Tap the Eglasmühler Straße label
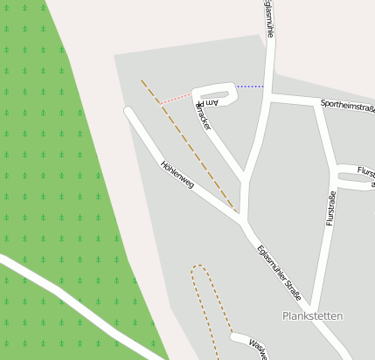[x=279, y=273]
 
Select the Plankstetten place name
[x=312, y=315]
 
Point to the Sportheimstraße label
[x=347, y=107]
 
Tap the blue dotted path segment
[x=250, y=87]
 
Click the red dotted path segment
[x=176, y=97]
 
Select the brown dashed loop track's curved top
[x=200, y=267]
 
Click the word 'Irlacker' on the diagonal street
[x=204, y=118]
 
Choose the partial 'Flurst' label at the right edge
[x=365, y=173]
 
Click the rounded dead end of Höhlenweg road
[x=129, y=111]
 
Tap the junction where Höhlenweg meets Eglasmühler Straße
[x=242, y=219]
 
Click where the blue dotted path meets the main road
[x=267, y=87]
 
